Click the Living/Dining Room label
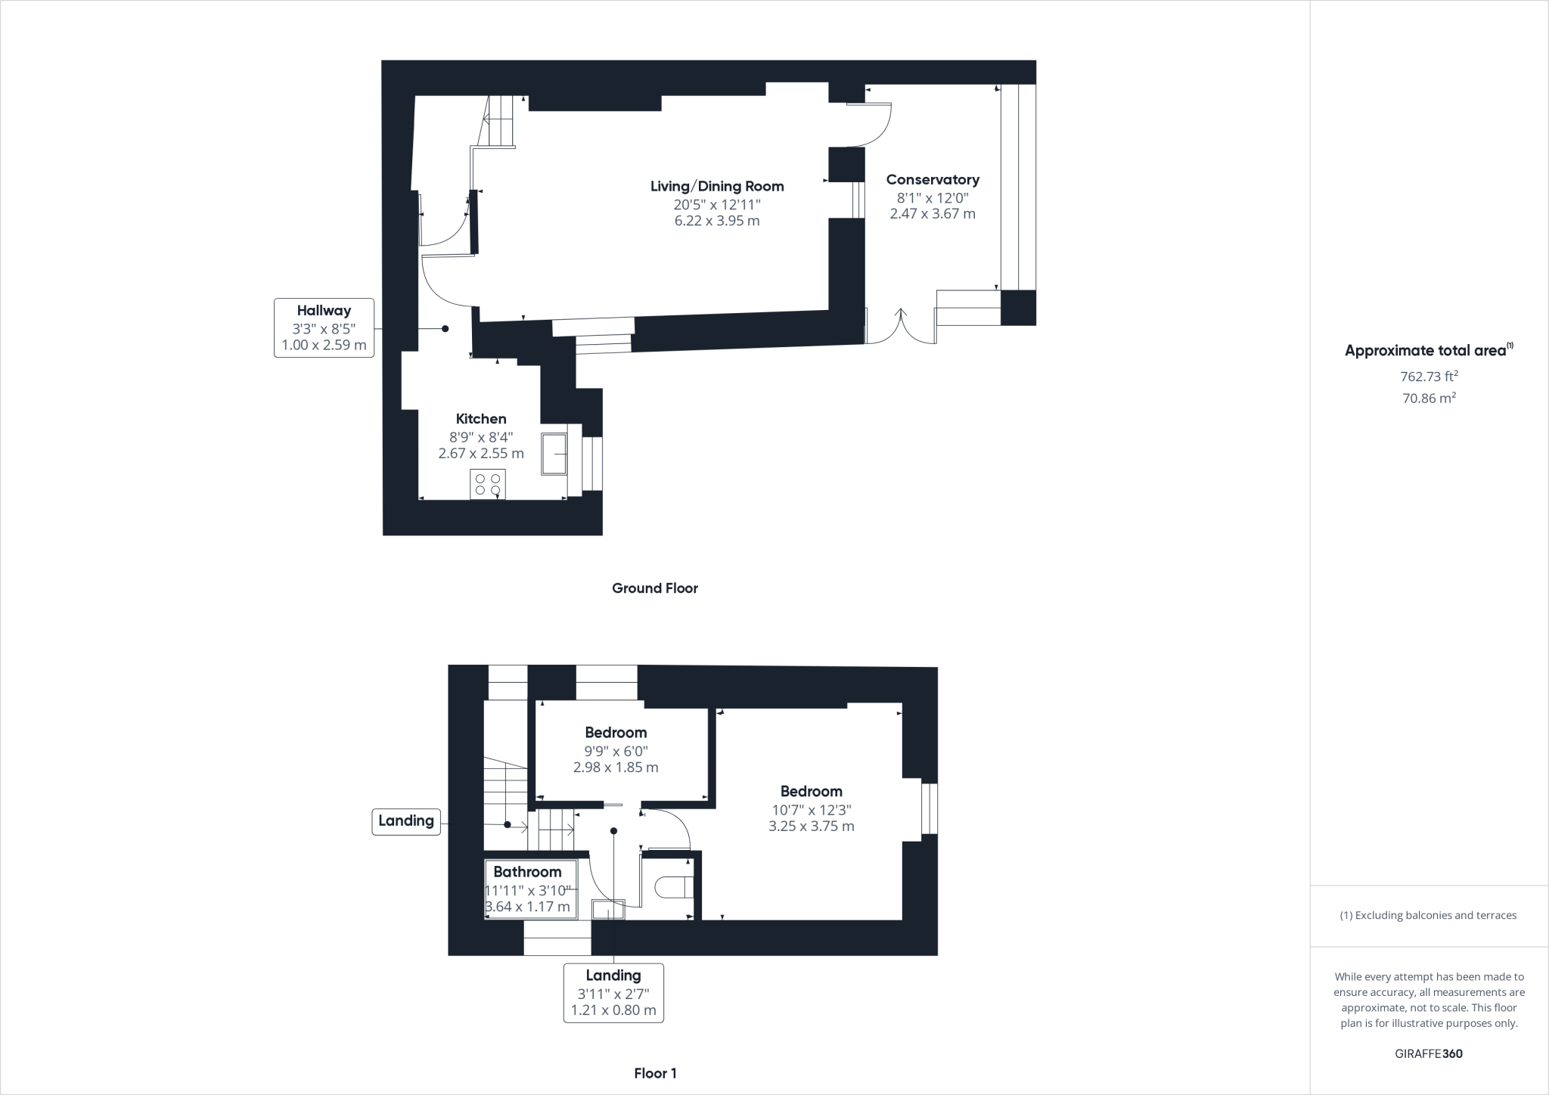point(717,186)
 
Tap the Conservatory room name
point(933,179)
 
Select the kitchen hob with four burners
point(488,484)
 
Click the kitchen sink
point(554,454)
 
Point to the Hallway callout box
point(324,327)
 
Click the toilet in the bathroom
point(673,886)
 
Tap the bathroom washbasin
point(608,909)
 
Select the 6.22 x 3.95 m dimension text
point(717,221)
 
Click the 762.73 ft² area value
point(1429,376)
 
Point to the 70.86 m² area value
point(1429,398)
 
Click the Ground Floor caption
point(655,588)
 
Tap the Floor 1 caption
point(655,1073)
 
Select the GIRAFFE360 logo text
point(1429,1053)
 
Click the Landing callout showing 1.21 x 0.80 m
point(613,993)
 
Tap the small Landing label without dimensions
point(406,820)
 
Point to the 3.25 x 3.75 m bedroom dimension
point(812,827)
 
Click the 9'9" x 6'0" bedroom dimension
point(616,751)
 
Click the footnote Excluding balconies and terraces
point(1429,915)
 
